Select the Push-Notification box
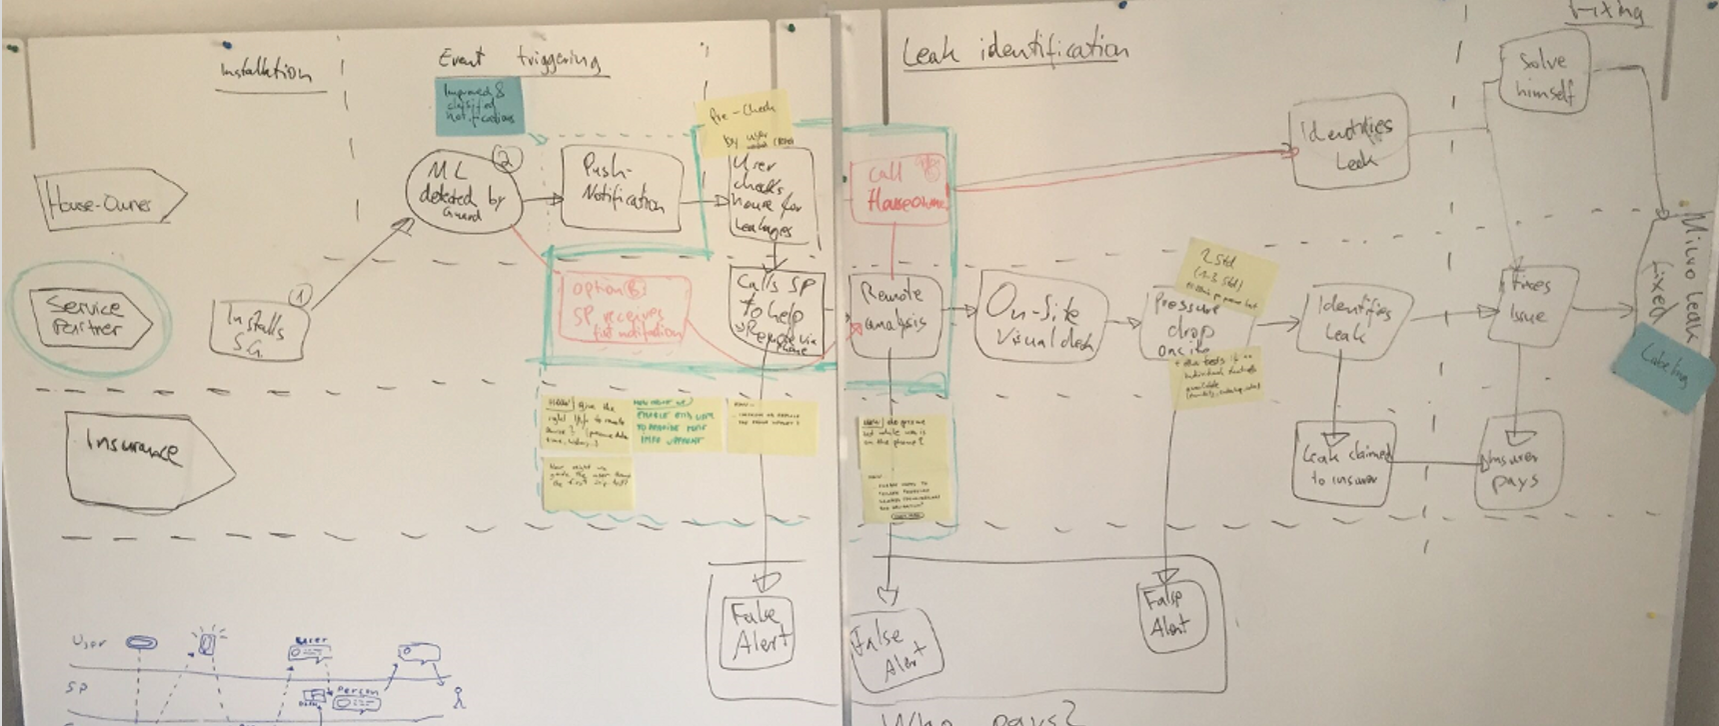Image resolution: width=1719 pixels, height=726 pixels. pyautogui.click(x=621, y=188)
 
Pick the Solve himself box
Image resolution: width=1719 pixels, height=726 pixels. pyautogui.click(x=1543, y=75)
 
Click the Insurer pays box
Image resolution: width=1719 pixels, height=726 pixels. pyautogui.click(x=1516, y=471)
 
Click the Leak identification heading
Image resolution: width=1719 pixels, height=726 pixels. pyautogui.click(x=1014, y=50)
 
